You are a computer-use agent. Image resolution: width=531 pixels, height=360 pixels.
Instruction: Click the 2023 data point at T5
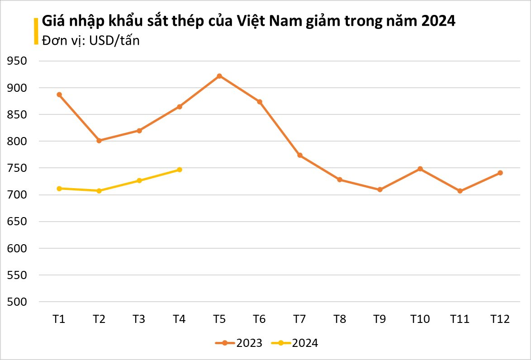click(x=219, y=76)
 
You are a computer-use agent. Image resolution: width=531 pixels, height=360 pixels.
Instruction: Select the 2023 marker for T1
click(x=59, y=95)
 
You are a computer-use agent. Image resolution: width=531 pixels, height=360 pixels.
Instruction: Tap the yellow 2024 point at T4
click(x=180, y=170)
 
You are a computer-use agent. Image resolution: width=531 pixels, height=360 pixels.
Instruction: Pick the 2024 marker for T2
click(x=99, y=191)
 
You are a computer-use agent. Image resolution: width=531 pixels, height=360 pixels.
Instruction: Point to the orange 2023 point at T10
click(x=420, y=169)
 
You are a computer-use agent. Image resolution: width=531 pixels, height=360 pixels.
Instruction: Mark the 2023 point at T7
click(x=299, y=155)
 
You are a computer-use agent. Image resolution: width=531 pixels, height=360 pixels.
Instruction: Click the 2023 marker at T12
click(x=500, y=173)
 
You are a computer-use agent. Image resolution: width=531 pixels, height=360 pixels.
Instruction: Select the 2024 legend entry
click(x=295, y=343)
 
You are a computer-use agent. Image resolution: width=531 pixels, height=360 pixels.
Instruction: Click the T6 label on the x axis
click(x=259, y=319)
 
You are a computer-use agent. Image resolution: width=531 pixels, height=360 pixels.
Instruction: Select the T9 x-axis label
click(x=379, y=319)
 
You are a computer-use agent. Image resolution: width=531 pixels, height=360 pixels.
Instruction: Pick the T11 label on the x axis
click(x=460, y=319)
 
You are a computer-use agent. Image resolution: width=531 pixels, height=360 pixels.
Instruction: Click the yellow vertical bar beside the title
click(x=36, y=31)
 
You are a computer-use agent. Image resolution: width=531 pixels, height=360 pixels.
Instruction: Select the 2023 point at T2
click(x=99, y=141)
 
